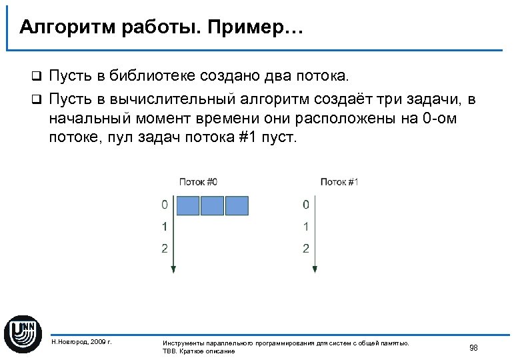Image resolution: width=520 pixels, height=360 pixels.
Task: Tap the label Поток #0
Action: pos(198,181)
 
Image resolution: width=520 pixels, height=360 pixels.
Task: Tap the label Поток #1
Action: pos(339,181)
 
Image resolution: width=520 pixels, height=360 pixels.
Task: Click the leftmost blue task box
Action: pos(187,205)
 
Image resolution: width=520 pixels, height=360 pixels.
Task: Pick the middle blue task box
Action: pos(212,205)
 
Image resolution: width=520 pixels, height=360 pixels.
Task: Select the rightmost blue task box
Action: pos(237,205)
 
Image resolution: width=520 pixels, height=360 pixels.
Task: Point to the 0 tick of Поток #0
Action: pos(164,204)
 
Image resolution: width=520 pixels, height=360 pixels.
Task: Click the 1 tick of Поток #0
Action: pos(164,227)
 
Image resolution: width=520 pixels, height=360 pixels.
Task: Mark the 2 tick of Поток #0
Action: pos(164,249)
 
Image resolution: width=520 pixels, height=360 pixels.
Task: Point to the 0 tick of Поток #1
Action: pos(305,204)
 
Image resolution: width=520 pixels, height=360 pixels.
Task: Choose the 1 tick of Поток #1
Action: pos(305,227)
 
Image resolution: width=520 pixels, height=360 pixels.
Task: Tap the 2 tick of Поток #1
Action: pos(305,249)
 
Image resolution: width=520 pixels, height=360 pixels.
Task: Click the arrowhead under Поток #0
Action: pos(173,269)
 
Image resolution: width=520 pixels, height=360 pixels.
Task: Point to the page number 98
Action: pos(473,347)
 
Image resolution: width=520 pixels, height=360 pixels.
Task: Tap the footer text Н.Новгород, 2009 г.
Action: pos(81,342)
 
